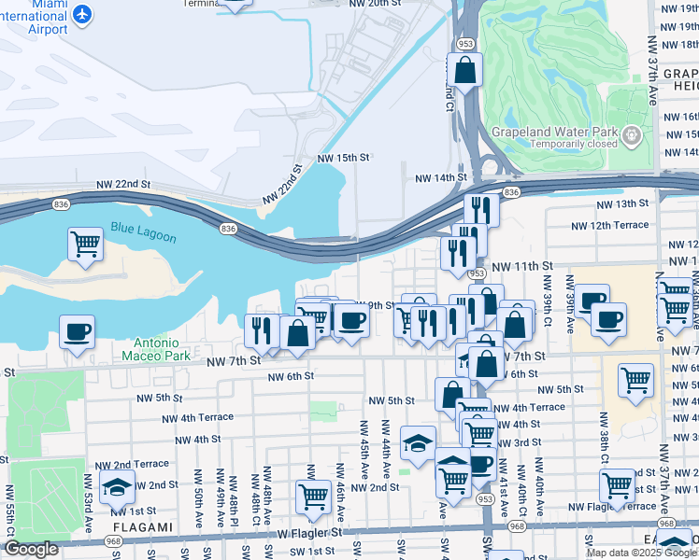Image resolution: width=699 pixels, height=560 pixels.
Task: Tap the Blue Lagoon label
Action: pyautogui.click(x=143, y=231)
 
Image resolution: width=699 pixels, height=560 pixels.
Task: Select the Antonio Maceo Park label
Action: pyautogui.click(x=156, y=350)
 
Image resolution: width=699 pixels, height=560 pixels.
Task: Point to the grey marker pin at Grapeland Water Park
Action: pyautogui.click(x=633, y=137)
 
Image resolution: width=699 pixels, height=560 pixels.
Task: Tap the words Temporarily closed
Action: pyautogui.click(x=575, y=145)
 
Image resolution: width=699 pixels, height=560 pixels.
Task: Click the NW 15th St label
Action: pyautogui.click(x=344, y=159)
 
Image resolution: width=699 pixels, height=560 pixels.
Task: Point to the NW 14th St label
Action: pyautogui.click(x=440, y=177)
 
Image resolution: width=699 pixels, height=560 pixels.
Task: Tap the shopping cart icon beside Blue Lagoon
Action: pyautogui.click(x=85, y=245)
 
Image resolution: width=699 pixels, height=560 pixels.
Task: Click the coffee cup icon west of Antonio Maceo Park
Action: pyautogui.click(x=77, y=330)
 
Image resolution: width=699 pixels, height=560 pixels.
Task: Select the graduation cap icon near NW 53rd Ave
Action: pyautogui.click(x=118, y=486)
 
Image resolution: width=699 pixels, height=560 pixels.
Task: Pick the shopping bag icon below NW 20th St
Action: pyautogui.click(x=464, y=69)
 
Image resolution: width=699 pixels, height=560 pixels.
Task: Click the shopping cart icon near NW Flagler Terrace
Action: pyautogui.click(x=618, y=486)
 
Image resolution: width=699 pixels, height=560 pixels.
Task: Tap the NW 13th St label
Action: pyautogui.click(x=622, y=203)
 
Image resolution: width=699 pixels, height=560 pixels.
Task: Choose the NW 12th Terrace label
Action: pyautogui.click(x=611, y=225)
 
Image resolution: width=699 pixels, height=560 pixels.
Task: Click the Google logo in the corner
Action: pyautogui.click(x=32, y=549)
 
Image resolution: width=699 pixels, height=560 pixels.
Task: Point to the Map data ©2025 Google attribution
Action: pyautogui.click(x=641, y=553)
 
